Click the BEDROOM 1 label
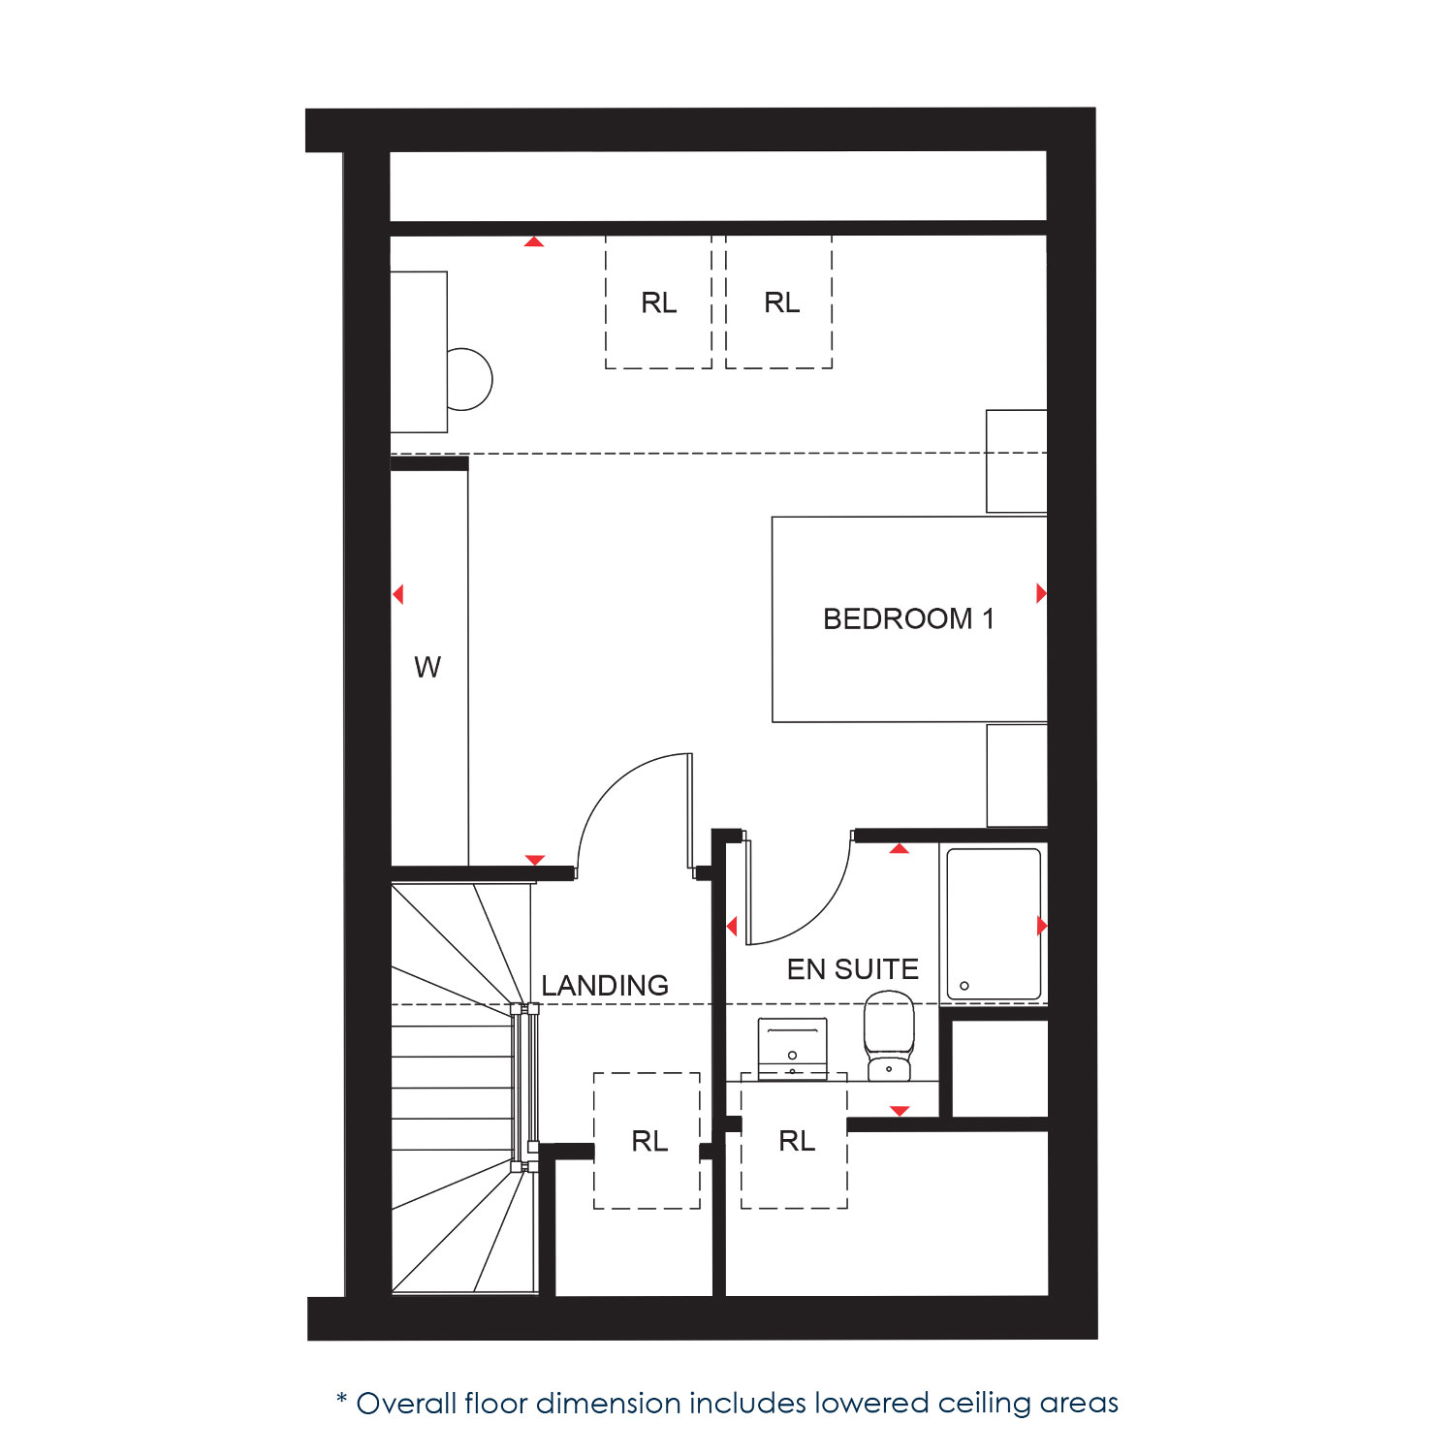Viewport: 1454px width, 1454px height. (908, 618)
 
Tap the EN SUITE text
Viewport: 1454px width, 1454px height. (852, 969)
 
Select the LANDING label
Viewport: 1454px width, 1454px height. (605, 986)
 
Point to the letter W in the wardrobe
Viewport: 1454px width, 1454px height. (427, 667)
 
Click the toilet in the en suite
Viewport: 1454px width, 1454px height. (889, 1035)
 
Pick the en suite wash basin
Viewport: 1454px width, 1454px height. (793, 1047)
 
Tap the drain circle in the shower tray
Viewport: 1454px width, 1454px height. (964, 986)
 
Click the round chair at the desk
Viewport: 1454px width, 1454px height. (471, 379)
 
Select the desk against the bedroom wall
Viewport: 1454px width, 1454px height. (419, 352)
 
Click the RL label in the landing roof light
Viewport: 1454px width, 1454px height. (649, 1141)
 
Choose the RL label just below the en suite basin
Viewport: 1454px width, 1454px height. (797, 1141)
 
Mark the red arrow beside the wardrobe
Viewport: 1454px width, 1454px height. (397, 594)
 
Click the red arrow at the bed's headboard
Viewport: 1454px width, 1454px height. (1041, 593)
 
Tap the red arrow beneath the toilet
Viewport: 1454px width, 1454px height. (900, 1111)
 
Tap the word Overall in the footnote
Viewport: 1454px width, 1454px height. (407, 1404)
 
